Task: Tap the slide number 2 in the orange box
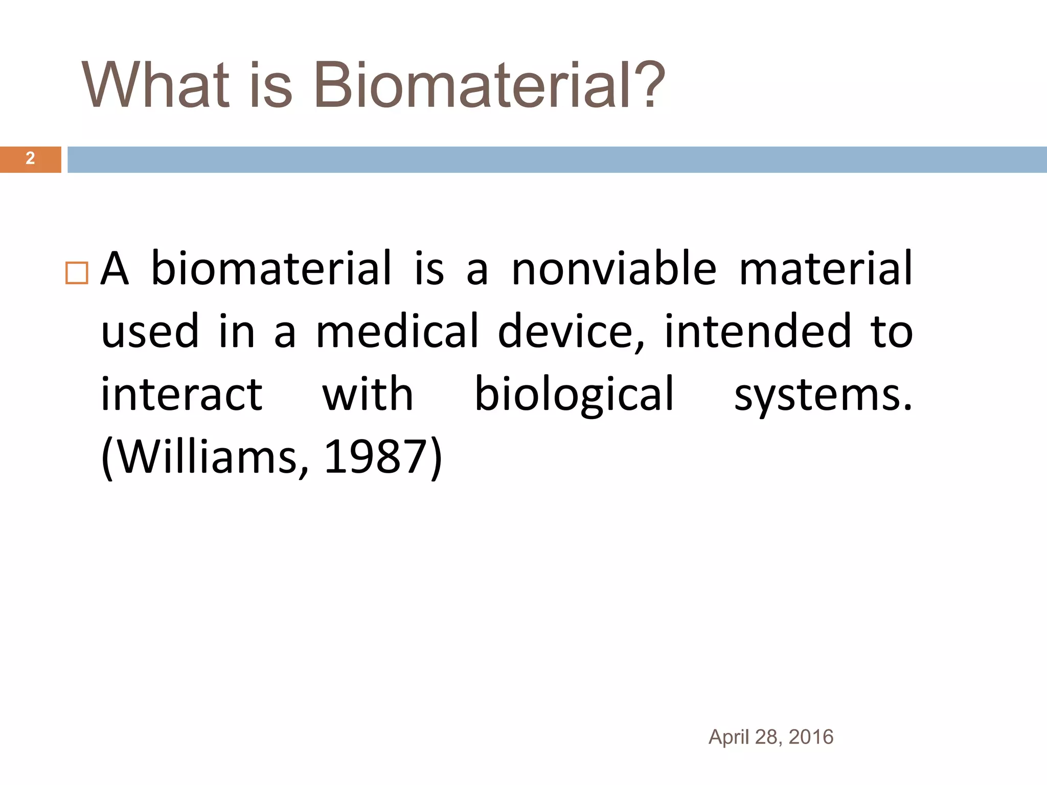[30, 159]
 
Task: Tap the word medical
[397, 332]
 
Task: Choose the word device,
[571, 332]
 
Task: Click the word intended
[758, 332]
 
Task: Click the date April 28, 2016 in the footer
[770, 737]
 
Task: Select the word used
[150, 332]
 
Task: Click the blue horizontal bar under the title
[557, 159]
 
